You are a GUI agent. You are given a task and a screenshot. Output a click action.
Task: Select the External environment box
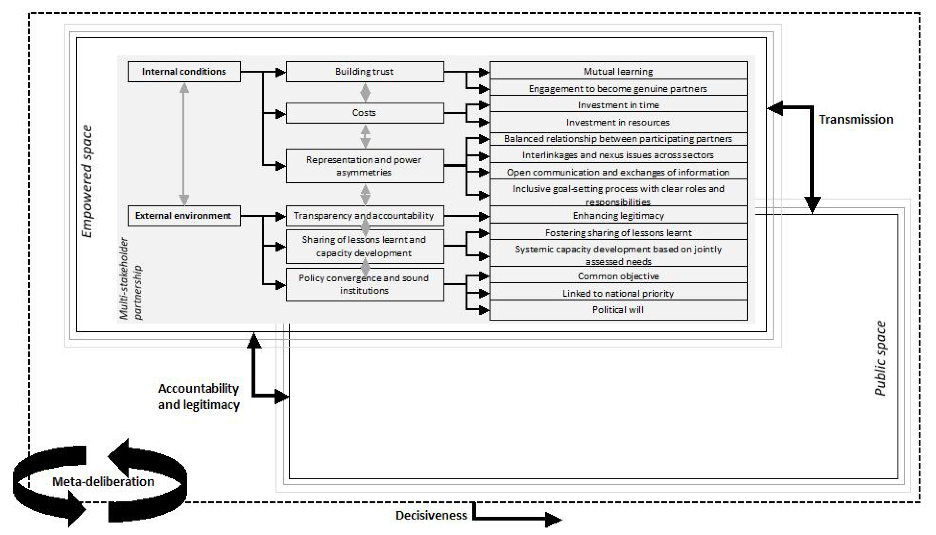coord(184,216)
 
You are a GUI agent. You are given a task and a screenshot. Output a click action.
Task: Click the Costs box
coord(365,113)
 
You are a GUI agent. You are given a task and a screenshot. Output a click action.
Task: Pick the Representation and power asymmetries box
coord(365,166)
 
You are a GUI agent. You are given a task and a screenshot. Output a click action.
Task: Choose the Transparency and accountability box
coord(365,216)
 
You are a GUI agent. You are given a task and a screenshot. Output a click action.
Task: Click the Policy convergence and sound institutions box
coord(365,284)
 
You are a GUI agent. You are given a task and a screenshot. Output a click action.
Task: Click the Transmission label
coord(855,119)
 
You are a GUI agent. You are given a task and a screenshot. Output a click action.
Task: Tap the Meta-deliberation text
coord(103,481)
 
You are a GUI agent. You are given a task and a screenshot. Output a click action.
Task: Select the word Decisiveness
coord(431,515)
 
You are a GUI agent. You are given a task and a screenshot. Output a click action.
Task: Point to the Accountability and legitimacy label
coord(199,396)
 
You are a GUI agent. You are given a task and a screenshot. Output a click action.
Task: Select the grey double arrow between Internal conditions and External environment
coord(184,144)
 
